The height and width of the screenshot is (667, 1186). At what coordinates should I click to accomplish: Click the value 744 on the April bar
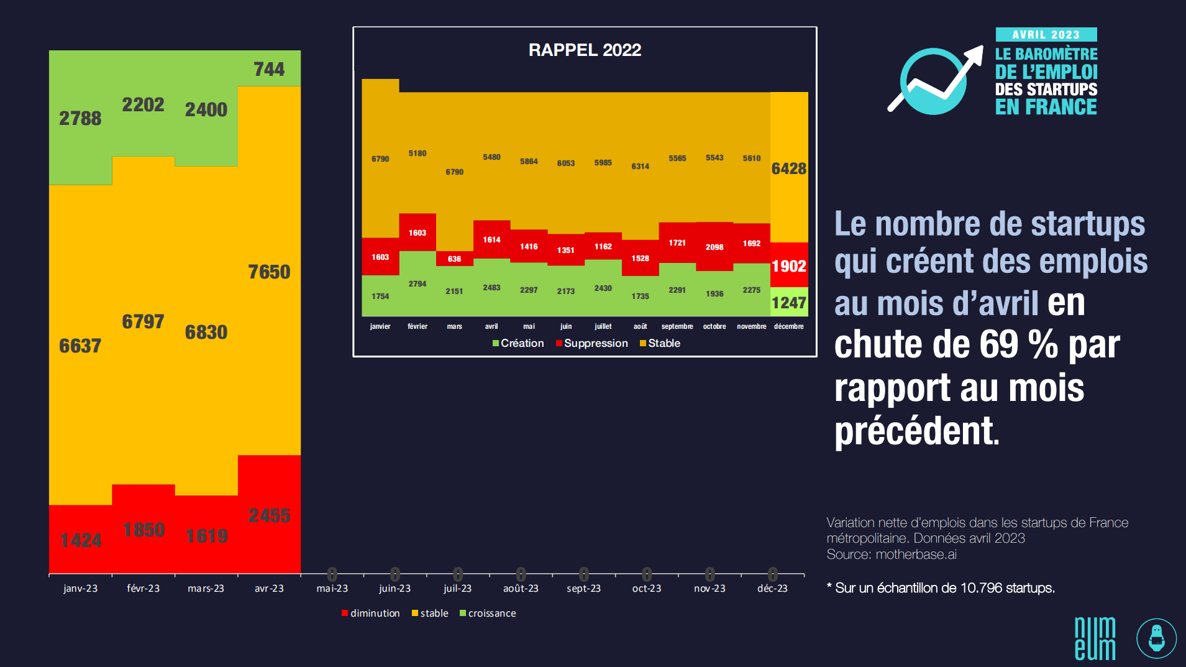pyautogui.click(x=269, y=69)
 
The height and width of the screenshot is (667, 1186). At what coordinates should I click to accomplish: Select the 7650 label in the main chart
pyautogui.click(x=269, y=272)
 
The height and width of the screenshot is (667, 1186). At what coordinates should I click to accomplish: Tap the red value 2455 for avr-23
pyautogui.click(x=269, y=515)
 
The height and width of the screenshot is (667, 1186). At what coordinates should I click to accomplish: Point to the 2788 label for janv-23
pyautogui.click(x=80, y=118)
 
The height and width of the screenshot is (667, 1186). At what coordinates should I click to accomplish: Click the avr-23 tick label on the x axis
pyautogui.click(x=269, y=588)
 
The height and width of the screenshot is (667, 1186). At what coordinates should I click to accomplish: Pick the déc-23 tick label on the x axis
pyautogui.click(x=772, y=588)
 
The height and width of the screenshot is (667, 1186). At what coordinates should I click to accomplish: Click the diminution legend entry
pyautogui.click(x=371, y=613)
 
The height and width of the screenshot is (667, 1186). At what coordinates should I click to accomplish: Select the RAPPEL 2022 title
pyautogui.click(x=585, y=50)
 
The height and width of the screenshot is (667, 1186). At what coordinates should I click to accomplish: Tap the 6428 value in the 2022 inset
pyautogui.click(x=789, y=168)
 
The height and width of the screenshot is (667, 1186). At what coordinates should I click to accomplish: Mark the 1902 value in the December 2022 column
pyautogui.click(x=789, y=266)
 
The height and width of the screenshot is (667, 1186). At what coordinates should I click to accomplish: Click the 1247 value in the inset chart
pyautogui.click(x=789, y=303)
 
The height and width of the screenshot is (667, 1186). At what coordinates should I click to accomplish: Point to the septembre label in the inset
pyautogui.click(x=677, y=326)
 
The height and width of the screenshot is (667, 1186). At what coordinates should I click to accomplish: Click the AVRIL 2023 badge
pyautogui.click(x=1046, y=35)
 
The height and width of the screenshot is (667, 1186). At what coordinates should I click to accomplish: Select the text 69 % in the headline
pyautogui.click(x=1019, y=345)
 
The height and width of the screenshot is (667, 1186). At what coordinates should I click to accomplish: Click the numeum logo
pyautogui.click(x=1095, y=638)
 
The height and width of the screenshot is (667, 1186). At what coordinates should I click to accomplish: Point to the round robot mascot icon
pyautogui.click(x=1156, y=638)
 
